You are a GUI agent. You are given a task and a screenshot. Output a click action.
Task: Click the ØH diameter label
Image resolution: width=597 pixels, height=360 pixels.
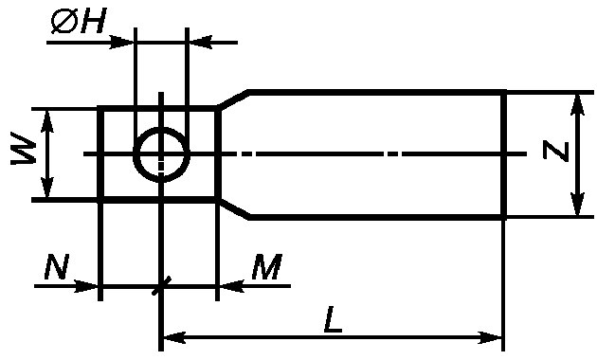(x=78, y=21)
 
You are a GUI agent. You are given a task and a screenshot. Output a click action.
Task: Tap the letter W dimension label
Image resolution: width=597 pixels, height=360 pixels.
(x=24, y=149)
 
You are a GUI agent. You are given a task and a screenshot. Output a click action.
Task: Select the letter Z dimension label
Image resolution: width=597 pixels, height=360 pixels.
(x=556, y=151)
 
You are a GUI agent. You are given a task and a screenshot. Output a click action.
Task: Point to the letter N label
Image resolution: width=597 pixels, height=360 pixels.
(x=57, y=266)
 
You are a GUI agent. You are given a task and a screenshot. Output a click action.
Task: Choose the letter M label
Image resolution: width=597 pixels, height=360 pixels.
(x=267, y=266)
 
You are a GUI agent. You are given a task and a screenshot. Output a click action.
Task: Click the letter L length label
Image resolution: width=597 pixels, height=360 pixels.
(x=333, y=319)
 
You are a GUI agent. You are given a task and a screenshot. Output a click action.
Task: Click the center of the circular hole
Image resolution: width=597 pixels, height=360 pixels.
(x=161, y=154)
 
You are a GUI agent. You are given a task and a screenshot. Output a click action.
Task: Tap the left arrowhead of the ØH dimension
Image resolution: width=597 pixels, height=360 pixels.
(x=122, y=43)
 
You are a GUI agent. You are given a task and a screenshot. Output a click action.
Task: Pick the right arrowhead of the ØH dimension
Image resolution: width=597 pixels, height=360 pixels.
(x=200, y=43)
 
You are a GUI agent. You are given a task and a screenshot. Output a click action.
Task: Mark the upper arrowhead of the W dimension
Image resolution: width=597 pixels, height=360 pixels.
(x=46, y=121)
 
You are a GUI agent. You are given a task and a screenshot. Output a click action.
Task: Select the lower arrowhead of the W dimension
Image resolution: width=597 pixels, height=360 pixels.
(x=46, y=187)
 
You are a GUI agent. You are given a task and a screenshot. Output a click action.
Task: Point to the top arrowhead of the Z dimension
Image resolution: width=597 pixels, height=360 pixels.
(x=578, y=103)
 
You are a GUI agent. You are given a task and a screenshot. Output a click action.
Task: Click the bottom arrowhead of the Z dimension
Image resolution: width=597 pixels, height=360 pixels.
(x=578, y=206)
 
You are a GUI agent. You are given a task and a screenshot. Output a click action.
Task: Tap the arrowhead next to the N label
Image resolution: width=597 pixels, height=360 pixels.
(x=86, y=286)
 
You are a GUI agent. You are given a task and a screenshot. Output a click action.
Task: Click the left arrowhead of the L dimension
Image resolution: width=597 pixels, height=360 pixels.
(x=174, y=337)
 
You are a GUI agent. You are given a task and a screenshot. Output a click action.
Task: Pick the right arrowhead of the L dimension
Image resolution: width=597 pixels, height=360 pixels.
(x=490, y=337)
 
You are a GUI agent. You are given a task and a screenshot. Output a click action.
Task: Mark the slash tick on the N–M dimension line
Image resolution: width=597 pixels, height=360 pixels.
(x=161, y=285)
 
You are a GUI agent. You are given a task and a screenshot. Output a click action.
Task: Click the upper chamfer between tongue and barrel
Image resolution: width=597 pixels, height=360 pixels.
(x=233, y=100)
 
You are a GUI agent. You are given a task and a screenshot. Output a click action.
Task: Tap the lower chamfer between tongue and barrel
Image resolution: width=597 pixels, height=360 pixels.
(x=233, y=208)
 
